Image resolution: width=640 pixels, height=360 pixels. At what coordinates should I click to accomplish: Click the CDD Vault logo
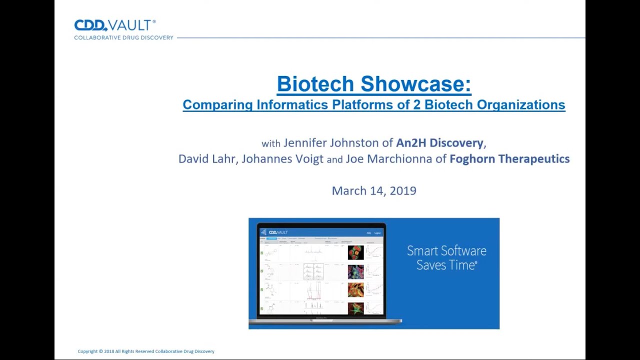click(115, 25)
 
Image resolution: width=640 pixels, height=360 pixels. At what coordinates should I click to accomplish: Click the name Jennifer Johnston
click(331, 143)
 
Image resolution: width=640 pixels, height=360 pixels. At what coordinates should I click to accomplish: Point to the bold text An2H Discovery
click(439, 143)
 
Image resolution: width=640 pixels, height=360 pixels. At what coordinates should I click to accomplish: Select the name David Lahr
click(207, 159)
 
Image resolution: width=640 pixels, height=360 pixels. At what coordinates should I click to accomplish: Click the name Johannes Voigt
click(282, 159)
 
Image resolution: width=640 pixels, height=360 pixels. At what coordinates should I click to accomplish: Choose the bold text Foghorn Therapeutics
click(509, 159)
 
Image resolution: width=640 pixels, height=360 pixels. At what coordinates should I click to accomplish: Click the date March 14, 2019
click(373, 190)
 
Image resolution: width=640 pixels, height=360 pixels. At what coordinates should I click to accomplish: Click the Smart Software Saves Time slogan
click(446, 258)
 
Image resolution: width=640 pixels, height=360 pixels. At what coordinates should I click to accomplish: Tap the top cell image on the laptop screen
click(355, 252)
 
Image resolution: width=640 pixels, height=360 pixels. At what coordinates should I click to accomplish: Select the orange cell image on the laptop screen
click(355, 289)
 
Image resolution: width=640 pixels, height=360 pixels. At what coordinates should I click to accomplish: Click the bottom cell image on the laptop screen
click(355, 308)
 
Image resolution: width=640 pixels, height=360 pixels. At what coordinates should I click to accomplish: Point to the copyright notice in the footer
click(146, 351)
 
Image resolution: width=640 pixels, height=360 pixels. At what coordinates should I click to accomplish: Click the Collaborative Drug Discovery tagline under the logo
click(123, 37)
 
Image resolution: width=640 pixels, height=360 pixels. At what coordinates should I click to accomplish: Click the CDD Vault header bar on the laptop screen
click(320, 232)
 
